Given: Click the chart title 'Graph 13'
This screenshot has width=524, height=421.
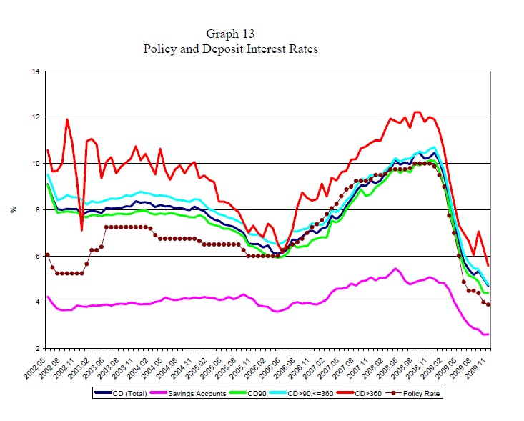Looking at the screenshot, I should pos(229,34).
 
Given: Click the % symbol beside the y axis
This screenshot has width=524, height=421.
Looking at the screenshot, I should pos(12,209).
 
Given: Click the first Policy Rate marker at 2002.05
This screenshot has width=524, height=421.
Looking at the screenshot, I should pos(47,254).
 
